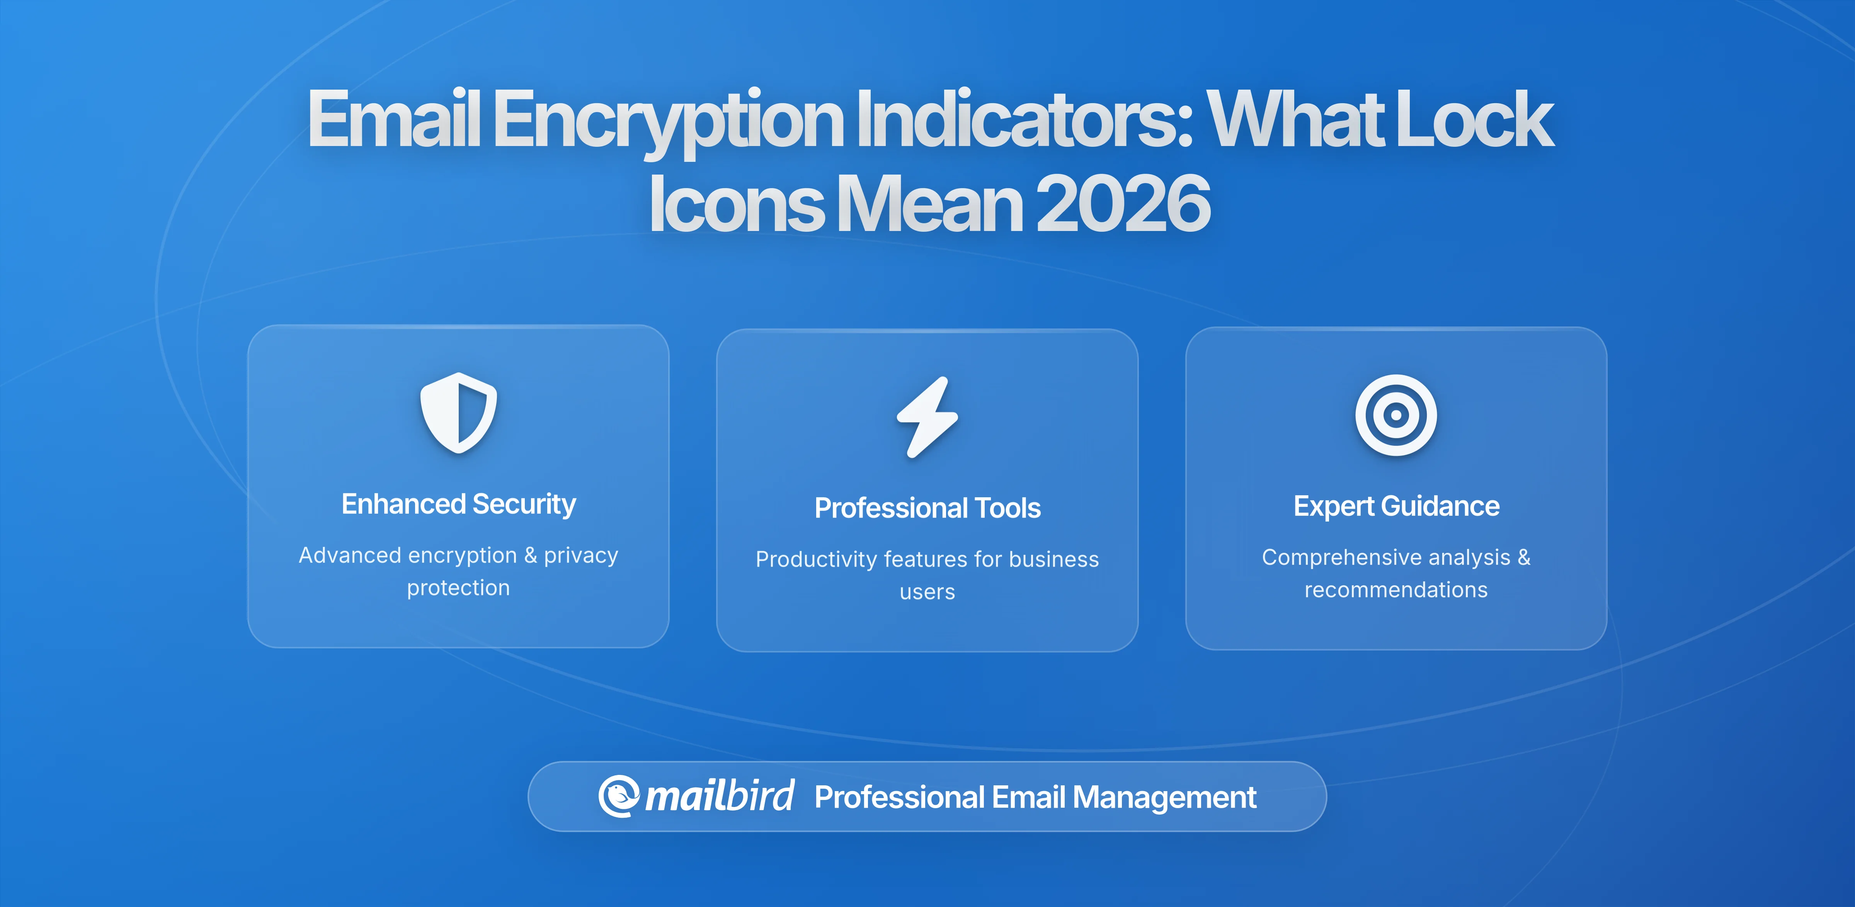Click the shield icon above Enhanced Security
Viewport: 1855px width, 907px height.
[x=459, y=413]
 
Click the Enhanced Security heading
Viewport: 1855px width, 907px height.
[x=459, y=504]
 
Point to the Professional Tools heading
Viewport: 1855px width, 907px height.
[x=927, y=508]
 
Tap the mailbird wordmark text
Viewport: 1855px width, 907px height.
[x=719, y=796]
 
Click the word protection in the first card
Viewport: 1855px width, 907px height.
[x=459, y=588]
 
